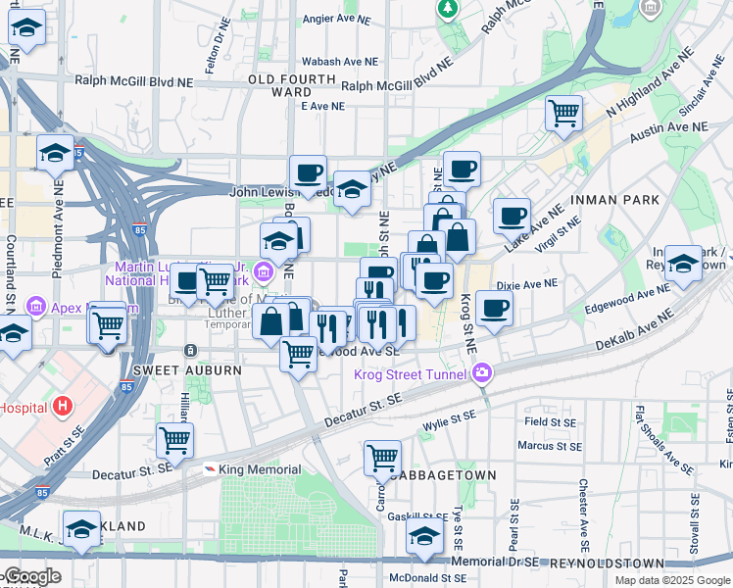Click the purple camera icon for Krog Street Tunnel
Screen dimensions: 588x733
pos(481,372)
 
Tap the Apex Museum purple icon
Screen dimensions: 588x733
pos(37,307)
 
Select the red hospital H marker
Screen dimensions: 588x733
pos(63,406)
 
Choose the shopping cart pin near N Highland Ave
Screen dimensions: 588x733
pos(564,114)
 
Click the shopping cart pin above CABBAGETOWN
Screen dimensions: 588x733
pos(382,457)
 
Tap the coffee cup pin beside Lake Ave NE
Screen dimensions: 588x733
pos(511,216)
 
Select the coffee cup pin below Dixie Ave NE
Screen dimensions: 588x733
pos(495,309)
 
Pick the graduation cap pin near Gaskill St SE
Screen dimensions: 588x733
pos(424,536)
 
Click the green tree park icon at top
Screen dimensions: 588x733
pos(448,8)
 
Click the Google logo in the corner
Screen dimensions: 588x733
pos(31,576)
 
